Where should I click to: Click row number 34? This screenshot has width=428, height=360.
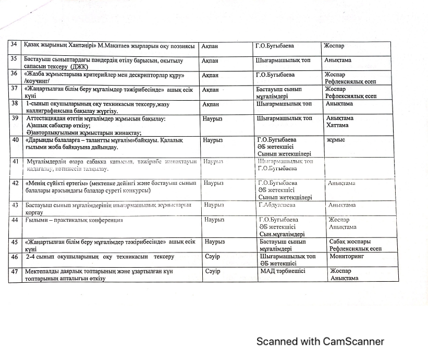pyautogui.click(x=16, y=45)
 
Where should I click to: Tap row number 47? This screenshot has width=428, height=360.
pyautogui.click(x=16, y=271)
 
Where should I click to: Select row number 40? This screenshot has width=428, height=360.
pyautogui.click(x=16, y=140)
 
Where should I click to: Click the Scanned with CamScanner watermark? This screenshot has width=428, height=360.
pyautogui.click(x=320, y=342)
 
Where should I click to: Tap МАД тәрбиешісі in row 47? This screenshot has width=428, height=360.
pyautogui.click(x=282, y=271)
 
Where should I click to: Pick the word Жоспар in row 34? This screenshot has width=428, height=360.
pyautogui.click(x=334, y=45)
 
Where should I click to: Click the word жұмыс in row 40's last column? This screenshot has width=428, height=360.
pyautogui.click(x=336, y=140)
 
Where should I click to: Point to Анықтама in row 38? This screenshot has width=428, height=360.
pyautogui.click(x=338, y=103)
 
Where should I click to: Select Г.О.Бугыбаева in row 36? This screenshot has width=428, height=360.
pyautogui.click(x=275, y=75)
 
